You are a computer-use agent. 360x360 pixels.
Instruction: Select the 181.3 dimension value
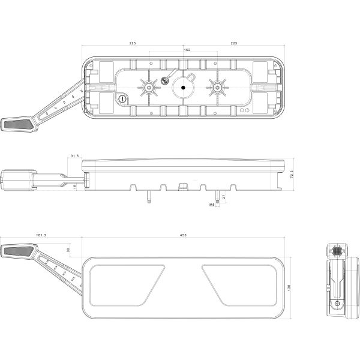(x=41, y=236)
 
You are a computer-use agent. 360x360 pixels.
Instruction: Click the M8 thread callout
(x=212, y=205)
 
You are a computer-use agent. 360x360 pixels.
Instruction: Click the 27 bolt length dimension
(x=224, y=196)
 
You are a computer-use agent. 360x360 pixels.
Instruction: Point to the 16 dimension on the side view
(x=74, y=187)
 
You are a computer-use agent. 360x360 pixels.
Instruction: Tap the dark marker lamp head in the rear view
(x=18, y=125)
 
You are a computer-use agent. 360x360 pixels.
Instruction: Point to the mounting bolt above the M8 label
(x=217, y=197)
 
